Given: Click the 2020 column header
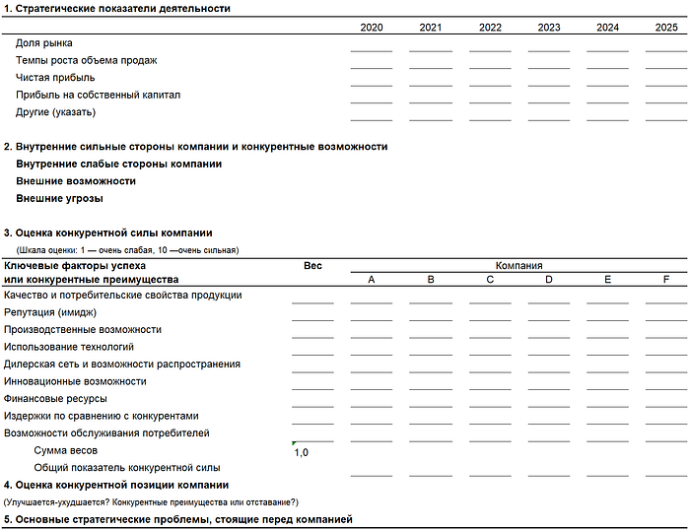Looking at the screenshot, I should click(372, 27).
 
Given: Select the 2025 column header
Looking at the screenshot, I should click(666, 27).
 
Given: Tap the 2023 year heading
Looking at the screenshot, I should click(549, 27).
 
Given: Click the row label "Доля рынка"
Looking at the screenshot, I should click(44, 43).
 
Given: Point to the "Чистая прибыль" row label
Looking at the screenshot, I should click(55, 78).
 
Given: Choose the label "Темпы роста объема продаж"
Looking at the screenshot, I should click(86, 61).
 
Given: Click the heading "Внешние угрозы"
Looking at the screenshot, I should click(59, 199).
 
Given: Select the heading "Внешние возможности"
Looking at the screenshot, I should click(76, 181).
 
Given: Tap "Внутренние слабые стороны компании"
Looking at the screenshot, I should click(118, 165).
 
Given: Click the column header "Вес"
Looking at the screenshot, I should click(312, 266).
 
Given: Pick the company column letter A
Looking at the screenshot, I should click(372, 281).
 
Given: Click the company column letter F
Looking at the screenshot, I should click(666, 281).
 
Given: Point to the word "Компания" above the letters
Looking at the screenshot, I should click(518, 266).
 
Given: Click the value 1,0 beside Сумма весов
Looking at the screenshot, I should click(302, 453).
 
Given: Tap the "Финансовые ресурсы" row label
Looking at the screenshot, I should click(55, 399).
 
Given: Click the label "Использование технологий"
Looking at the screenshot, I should click(69, 347).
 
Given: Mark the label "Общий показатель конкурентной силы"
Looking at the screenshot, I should click(126, 468).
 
